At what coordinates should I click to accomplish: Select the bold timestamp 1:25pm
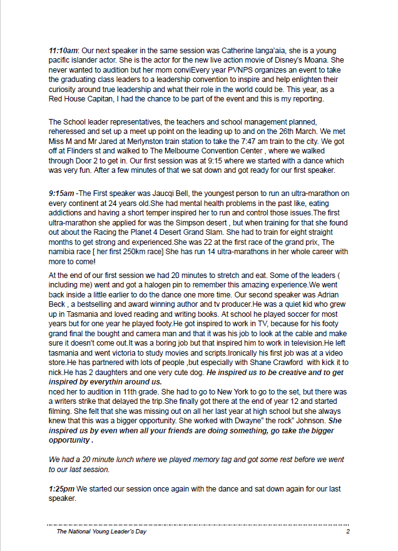[x=61, y=488]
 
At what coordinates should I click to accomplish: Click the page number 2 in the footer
[x=347, y=532]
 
